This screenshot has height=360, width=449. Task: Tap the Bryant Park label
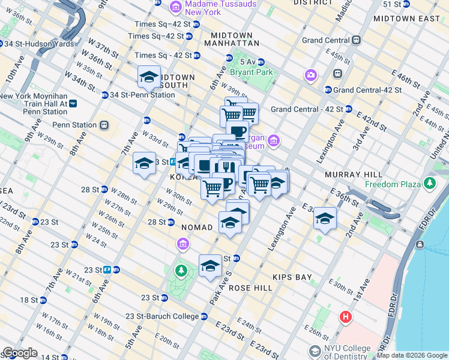[252, 72]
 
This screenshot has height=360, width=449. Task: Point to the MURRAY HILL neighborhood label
[350, 174]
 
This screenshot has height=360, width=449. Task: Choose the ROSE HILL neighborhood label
[247, 288]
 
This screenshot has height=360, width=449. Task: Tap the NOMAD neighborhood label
[197, 227]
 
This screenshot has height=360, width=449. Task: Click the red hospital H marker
[345, 317]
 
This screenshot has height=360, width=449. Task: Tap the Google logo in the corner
[19, 353]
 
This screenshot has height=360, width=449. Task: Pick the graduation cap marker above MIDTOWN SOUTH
[149, 76]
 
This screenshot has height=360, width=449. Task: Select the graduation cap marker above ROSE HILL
[210, 266]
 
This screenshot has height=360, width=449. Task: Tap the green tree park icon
[181, 272]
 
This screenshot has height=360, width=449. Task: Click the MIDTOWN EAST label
[408, 19]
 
